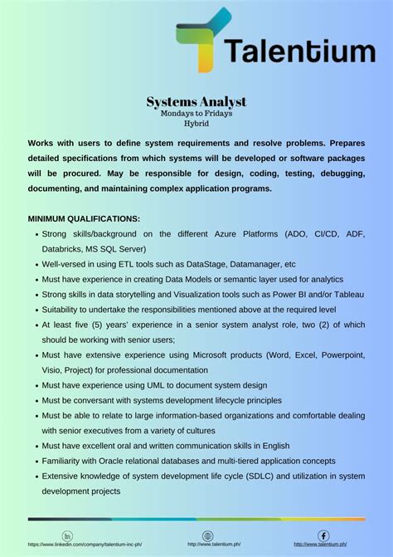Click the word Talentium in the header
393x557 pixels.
[298, 51]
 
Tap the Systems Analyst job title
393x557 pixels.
[196, 101]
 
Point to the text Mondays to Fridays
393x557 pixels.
[196, 112]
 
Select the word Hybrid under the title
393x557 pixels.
[196, 122]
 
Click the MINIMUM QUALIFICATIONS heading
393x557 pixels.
[84, 218]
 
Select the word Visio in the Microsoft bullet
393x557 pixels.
[55, 369]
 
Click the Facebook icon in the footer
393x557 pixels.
[323, 535]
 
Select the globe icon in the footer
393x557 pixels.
[207, 535]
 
